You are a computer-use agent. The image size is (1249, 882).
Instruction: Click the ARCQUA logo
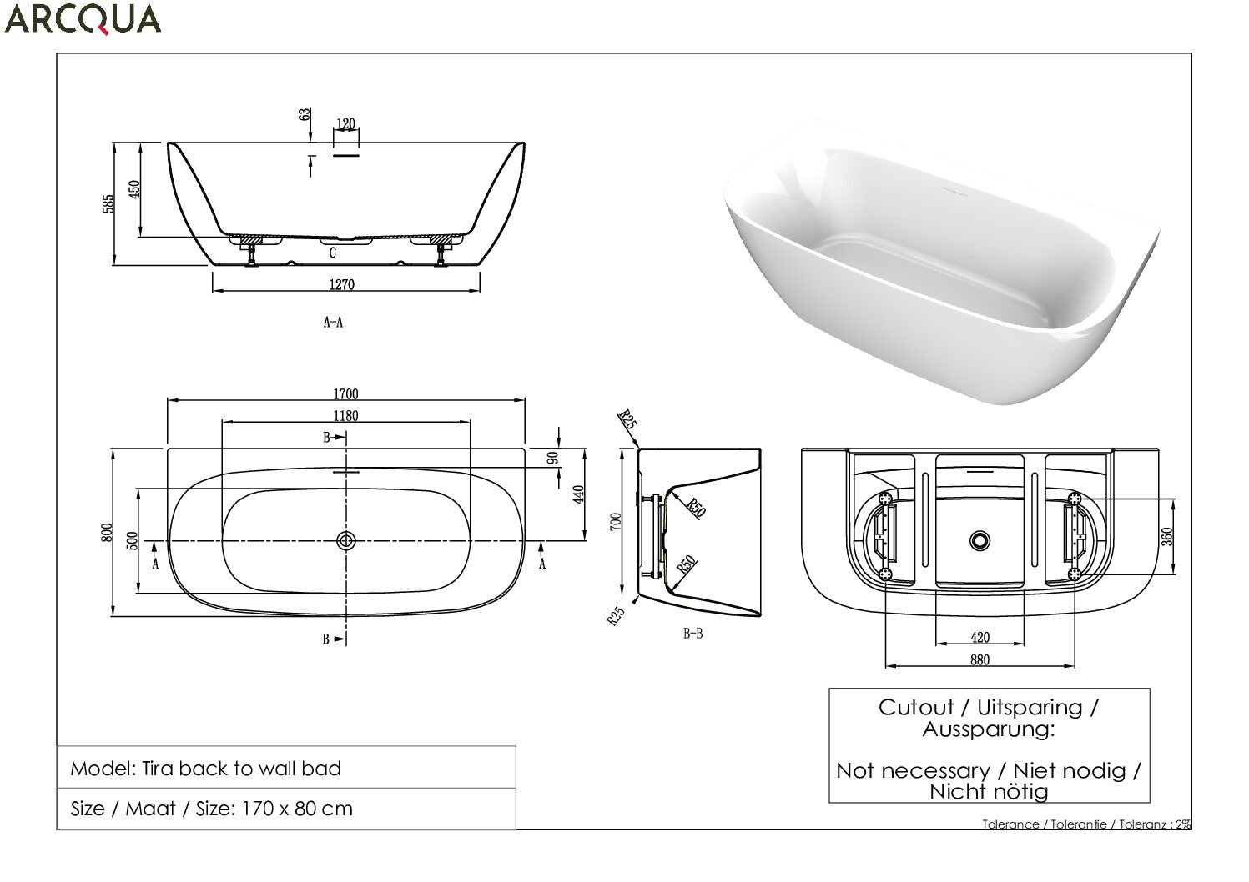(83, 19)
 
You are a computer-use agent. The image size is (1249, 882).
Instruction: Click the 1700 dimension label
(345, 394)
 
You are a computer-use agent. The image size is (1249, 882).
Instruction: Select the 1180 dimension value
(345, 416)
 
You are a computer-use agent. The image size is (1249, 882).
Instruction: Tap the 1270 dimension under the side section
(342, 285)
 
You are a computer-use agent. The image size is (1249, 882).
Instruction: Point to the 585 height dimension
(108, 203)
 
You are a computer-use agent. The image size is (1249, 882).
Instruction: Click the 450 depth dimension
(134, 189)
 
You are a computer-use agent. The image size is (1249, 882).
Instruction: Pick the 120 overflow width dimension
(345, 123)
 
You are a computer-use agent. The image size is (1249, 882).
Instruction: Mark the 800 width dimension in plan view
(107, 532)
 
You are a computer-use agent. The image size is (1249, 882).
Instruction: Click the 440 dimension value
(578, 494)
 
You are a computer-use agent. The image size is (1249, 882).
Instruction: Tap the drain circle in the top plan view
(346, 540)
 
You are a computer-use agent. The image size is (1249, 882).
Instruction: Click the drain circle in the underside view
(980, 540)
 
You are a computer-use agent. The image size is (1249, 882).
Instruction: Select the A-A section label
(334, 322)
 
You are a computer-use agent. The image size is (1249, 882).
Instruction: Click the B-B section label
(693, 633)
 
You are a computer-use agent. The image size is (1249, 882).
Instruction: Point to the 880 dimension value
(980, 659)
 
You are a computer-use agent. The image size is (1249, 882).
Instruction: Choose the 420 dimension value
(980, 637)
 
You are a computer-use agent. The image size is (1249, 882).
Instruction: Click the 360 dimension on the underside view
(1167, 537)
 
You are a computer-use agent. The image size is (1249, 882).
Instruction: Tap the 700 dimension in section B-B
(616, 522)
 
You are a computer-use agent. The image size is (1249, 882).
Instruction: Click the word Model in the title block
(103, 769)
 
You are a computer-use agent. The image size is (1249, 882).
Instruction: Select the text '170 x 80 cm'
(297, 809)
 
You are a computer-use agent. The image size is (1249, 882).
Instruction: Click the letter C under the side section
(333, 253)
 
